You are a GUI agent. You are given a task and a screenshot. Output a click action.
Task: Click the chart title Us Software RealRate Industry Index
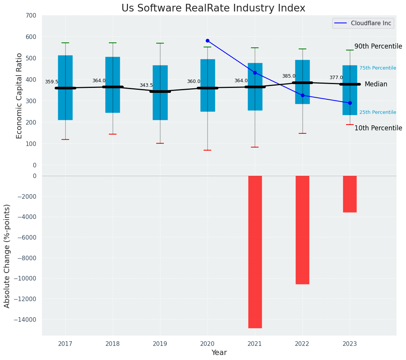tap(213, 8)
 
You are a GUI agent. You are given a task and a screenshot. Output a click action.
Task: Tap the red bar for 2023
tap(349, 194)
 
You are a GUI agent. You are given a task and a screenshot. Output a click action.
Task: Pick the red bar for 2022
tap(302, 230)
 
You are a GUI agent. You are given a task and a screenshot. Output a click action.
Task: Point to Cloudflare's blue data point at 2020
tap(207, 41)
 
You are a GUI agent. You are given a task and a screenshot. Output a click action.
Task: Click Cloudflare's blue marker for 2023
tap(350, 103)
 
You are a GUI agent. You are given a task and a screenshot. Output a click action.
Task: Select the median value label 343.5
tap(146, 85)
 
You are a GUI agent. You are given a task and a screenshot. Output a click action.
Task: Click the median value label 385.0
tap(289, 76)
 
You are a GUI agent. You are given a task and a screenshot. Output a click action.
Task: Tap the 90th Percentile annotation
tap(378, 46)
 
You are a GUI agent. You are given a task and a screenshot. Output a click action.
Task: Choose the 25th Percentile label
tap(377, 112)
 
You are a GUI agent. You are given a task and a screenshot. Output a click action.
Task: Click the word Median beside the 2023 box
tap(376, 84)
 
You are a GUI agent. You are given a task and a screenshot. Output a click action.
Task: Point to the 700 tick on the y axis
tap(31, 15)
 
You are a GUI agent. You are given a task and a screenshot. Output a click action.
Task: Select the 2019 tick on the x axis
tap(160, 344)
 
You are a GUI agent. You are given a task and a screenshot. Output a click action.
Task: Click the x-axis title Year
tap(219, 353)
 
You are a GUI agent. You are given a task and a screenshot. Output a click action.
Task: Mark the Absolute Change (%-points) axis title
tap(7, 256)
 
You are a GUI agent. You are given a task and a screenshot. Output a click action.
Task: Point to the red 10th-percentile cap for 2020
tap(207, 150)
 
